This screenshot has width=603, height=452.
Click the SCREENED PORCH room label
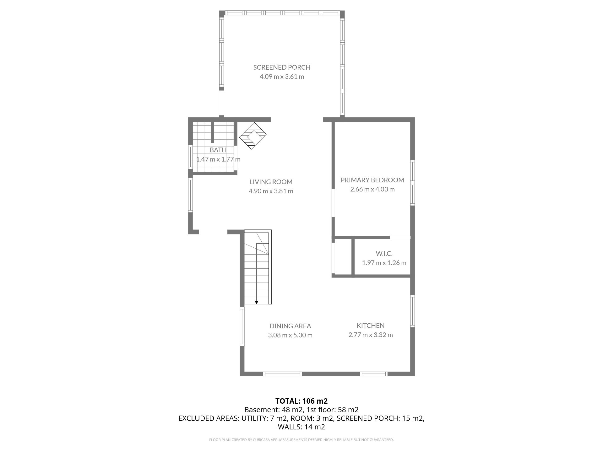pyautogui.click(x=282, y=67)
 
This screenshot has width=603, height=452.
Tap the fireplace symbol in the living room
pyautogui.click(x=253, y=136)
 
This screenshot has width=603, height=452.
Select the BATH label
pyautogui.click(x=218, y=150)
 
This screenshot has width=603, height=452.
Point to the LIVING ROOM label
pyautogui.click(x=271, y=182)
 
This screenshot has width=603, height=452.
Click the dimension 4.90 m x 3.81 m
pyautogui.click(x=271, y=191)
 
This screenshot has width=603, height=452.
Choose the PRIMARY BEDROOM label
pyautogui.click(x=372, y=180)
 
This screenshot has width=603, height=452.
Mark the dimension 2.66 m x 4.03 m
pyautogui.click(x=372, y=189)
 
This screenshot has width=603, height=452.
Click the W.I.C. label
pyautogui.click(x=384, y=253)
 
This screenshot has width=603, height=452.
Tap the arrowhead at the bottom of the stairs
pyautogui.click(x=256, y=302)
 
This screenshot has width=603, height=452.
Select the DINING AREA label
pyautogui.click(x=290, y=326)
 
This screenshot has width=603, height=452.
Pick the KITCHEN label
pyautogui.click(x=371, y=326)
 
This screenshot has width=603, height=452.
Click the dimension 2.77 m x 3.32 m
pyautogui.click(x=371, y=335)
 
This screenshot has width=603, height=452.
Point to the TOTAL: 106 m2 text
pyautogui.click(x=301, y=401)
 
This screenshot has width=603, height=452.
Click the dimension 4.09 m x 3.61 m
pyautogui.click(x=282, y=77)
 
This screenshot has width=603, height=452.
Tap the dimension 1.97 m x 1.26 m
pyautogui.click(x=384, y=263)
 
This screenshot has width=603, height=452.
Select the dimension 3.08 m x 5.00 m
pyautogui.click(x=290, y=335)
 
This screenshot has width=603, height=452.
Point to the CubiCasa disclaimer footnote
pyautogui.click(x=301, y=440)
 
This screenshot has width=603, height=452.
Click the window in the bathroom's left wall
pyautogui.click(x=190, y=157)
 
